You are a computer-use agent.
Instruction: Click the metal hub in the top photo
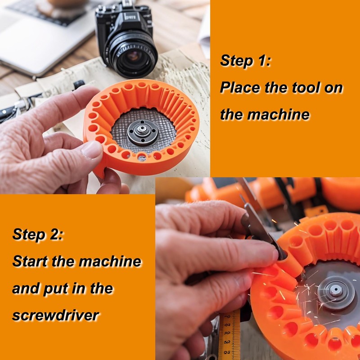(x=141, y=132)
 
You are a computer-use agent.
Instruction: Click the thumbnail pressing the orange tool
(x=93, y=149)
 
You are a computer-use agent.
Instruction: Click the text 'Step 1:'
(x=245, y=60)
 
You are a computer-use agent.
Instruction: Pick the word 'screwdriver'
(x=55, y=315)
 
